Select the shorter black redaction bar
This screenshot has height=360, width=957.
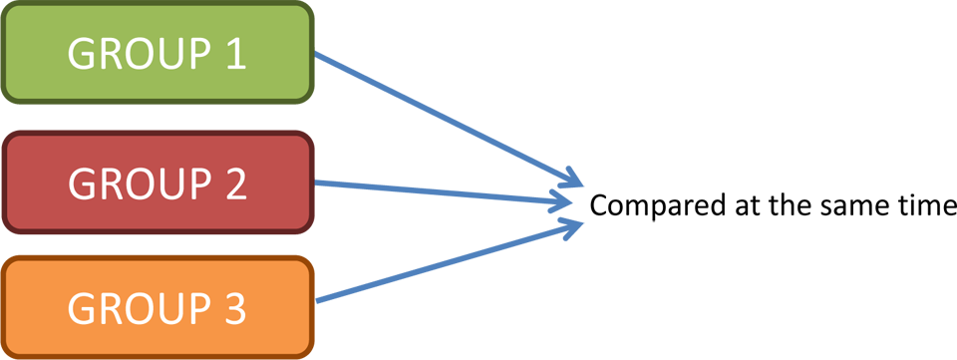tap(658, 206)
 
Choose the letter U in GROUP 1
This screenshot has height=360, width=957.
tap(162, 54)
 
